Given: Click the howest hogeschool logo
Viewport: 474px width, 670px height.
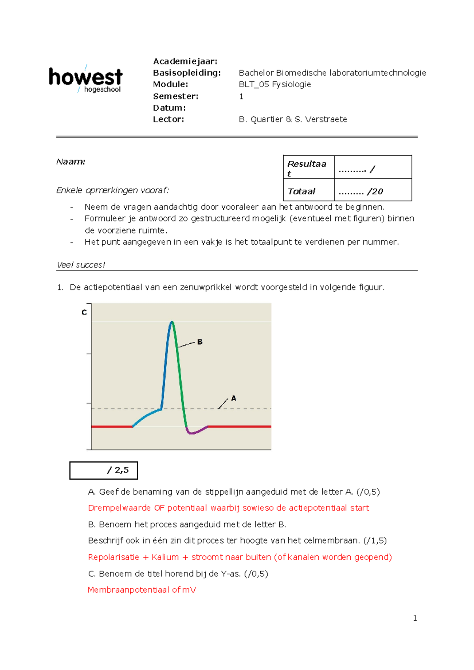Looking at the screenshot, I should click(85, 79).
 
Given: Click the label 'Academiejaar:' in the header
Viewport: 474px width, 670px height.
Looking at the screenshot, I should click(185, 61).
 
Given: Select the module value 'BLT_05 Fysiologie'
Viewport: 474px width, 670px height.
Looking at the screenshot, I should click(275, 84).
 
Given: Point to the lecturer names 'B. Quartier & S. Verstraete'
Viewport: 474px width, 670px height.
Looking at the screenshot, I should click(293, 119).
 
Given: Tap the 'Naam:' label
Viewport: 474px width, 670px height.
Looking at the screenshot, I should click(71, 162).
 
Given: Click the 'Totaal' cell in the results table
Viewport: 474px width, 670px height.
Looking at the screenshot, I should click(301, 191).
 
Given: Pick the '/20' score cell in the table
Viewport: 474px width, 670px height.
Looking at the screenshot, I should click(361, 192).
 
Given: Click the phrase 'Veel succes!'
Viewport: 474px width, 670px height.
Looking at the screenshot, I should click(81, 265).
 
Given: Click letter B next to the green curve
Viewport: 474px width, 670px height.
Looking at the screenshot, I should click(200, 342).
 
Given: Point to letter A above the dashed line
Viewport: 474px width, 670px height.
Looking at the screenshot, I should click(233, 398).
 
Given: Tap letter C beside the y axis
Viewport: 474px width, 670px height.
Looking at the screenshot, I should click(84, 312).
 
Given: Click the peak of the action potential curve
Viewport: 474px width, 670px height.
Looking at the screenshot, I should click(172, 322).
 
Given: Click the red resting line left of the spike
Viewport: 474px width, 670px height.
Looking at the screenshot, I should click(111, 427).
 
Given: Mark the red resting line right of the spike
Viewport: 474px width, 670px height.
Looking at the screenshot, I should click(239, 427).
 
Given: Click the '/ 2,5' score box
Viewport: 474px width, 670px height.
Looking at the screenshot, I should click(103, 471).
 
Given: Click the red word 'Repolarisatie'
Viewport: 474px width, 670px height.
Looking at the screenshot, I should click(113, 557).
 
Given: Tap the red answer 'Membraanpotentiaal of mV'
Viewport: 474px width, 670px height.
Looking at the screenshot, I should click(141, 590).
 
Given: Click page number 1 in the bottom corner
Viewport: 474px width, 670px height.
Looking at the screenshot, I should click(415, 618).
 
